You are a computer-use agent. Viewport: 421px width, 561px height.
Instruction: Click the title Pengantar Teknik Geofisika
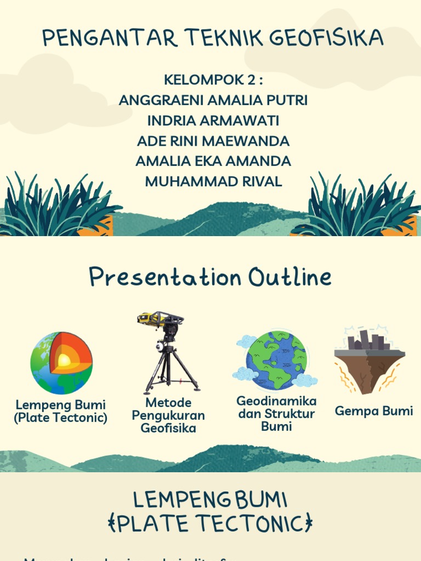click(x=213, y=38)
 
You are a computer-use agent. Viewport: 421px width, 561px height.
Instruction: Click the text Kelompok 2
click(x=213, y=80)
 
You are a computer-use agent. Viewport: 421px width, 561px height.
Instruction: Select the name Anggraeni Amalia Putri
click(x=213, y=100)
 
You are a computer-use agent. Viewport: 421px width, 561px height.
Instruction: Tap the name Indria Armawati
click(x=213, y=121)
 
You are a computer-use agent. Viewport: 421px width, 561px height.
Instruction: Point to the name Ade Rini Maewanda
click(x=213, y=141)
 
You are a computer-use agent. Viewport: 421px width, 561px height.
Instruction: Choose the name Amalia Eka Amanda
click(x=213, y=161)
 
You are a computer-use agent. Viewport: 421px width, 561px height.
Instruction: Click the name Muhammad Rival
click(x=213, y=181)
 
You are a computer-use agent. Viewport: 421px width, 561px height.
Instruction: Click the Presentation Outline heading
click(x=210, y=278)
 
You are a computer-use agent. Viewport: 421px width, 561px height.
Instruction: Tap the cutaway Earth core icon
click(x=61, y=363)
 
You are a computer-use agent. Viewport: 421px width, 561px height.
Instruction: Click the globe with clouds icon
click(x=276, y=359)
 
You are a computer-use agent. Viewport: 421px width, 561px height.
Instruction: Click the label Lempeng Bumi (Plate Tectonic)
click(x=60, y=411)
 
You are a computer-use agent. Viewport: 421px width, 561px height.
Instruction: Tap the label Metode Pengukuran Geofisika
click(x=168, y=416)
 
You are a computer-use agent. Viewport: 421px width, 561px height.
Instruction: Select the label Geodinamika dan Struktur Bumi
click(x=276, y=414)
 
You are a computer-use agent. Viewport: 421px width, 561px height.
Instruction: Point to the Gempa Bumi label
click(x=374, y=411)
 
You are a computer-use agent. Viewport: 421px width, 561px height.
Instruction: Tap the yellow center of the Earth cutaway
click(x=64, y=360)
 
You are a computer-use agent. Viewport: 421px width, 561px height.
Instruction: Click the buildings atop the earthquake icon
click(x=368, y=340)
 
